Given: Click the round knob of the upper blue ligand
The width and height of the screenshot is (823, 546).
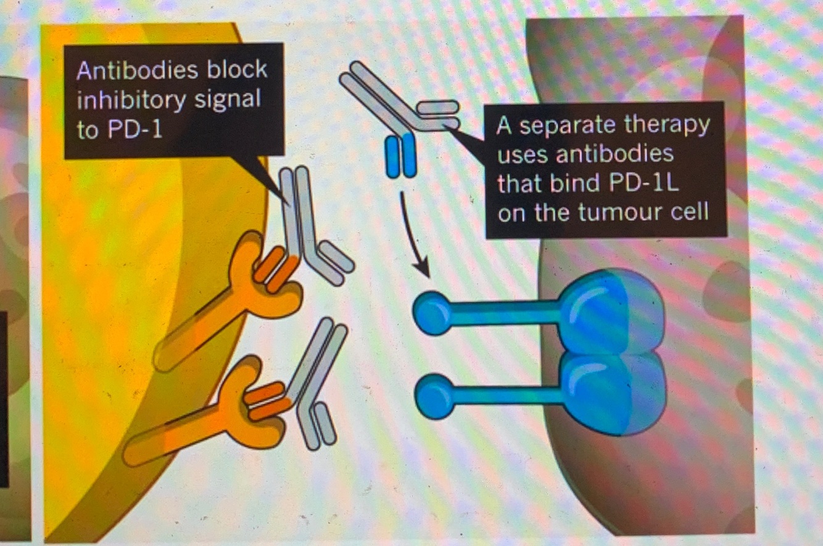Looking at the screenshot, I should tap(432, 313).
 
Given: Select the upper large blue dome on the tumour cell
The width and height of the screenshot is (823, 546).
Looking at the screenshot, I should tap(611, 312).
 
